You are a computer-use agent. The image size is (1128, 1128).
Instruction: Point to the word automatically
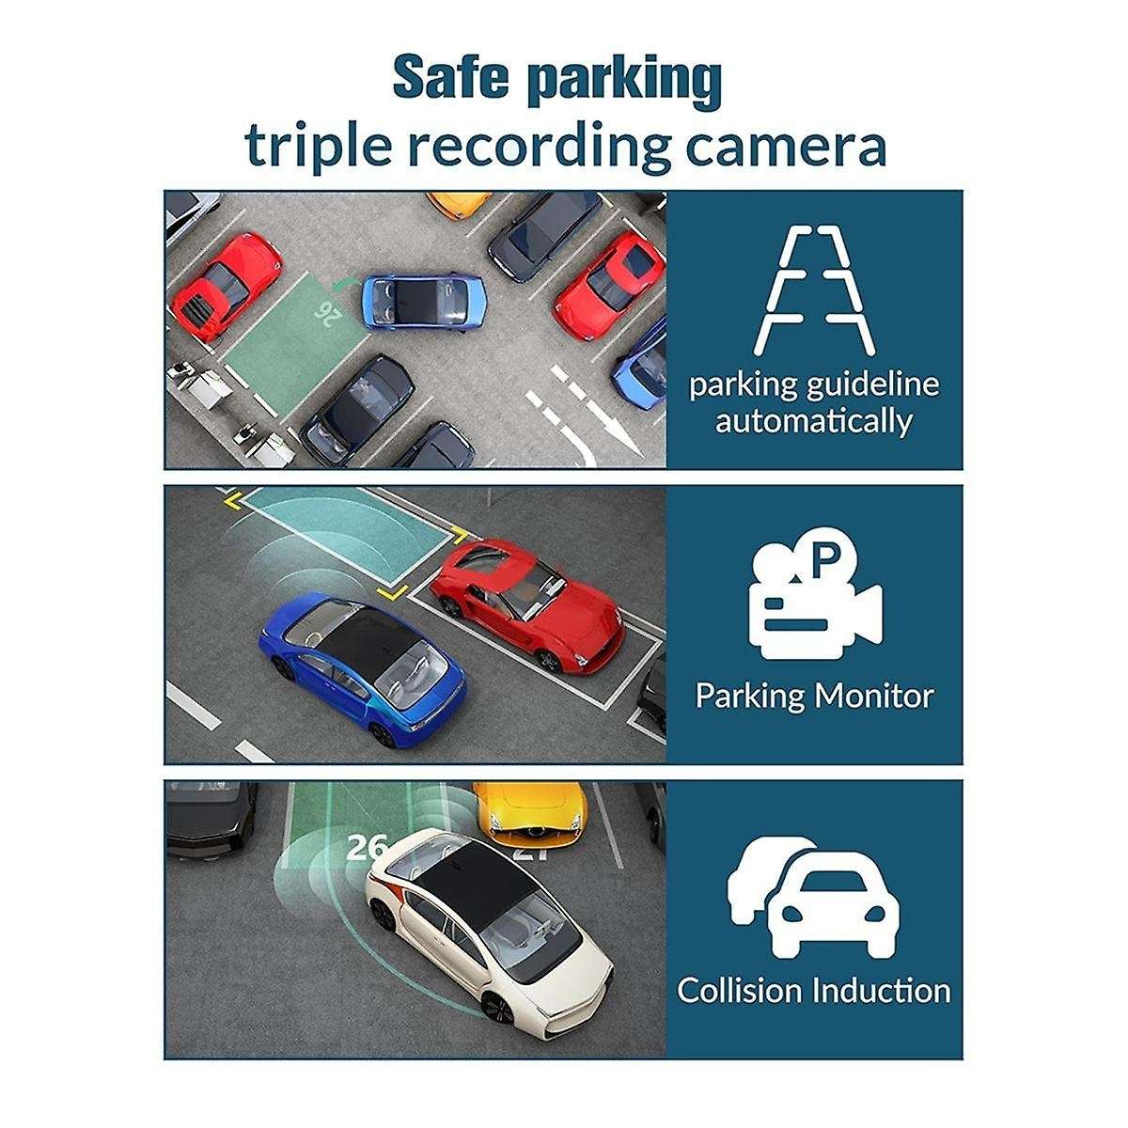(x=814, y=420)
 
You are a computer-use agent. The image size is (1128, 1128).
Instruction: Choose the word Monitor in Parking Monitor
(x=873, y=697)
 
